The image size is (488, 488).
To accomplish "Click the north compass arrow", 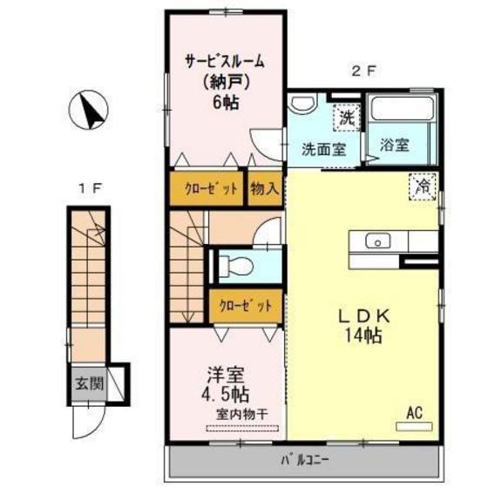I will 91,112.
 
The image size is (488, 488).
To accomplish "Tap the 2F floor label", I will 362,73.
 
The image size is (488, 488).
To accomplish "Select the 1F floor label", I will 85,186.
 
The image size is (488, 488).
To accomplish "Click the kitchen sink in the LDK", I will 378,241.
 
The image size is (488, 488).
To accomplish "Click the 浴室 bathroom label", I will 395,146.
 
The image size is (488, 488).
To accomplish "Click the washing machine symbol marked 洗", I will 347,116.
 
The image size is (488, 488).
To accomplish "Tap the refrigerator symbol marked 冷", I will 423,186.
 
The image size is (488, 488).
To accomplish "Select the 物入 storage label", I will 264,188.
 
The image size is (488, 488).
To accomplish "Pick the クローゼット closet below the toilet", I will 244,305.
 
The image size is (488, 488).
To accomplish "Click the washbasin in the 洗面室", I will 303,105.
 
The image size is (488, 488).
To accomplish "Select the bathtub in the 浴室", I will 400,112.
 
